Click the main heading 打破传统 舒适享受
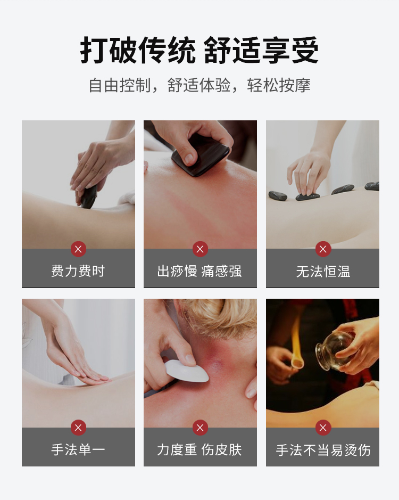(x=199, y=51)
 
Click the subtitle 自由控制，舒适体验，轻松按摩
(x=199, y=85)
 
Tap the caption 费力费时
(x=78, y=271)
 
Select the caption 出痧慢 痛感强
(x=200, y=271)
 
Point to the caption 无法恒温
(x=323, y=272)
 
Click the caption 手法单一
(x=78, y=449)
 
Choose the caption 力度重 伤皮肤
(x=200, y=449)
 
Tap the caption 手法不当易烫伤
(x=323, y=450)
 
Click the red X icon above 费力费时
(x=78, y=249)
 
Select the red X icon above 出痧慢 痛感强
(x=200, y=249)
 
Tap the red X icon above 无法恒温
(x=323, y=249)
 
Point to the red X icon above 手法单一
(x=78, y=428)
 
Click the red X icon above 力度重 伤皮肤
(x=200, y=428)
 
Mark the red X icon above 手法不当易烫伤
(x=323, y=428)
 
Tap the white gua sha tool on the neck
(x=186, y=371)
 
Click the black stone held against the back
(x=89, y=197)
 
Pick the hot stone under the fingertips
(x=307, y=196)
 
